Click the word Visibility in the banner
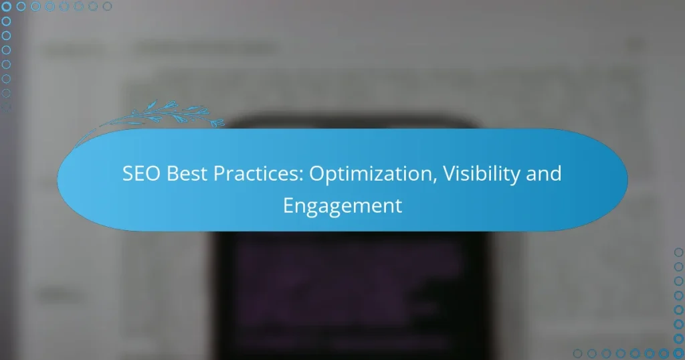468,174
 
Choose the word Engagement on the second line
342,205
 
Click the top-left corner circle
7,7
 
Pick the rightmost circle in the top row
107,7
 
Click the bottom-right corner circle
678,353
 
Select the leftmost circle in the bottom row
577,353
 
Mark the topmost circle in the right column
678,252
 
